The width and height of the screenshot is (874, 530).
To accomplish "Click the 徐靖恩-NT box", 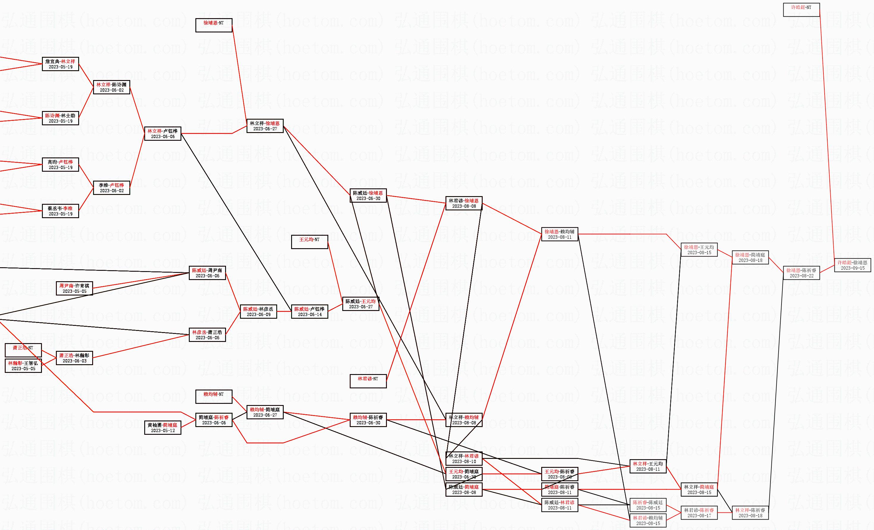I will click(x=214, y=25).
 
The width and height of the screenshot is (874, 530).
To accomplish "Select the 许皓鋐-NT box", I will click(x=801, y=9).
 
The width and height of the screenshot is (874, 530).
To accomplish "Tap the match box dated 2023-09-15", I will click(x=852, y=265).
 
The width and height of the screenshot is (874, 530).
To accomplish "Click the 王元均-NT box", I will click(x=309, y=241).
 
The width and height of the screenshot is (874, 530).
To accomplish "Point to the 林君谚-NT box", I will click(x=368, y=381).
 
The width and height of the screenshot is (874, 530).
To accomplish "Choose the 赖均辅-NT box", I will click(x=214, y=396).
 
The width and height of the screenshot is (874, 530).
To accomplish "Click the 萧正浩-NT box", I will click(x=23, y=350).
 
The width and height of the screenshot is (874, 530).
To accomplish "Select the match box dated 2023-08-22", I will click(x=801, y=273).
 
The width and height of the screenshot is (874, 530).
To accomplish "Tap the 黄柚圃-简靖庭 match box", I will click(x=162, y=427).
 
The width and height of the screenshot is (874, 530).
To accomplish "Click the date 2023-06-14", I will click(x=309, y=315).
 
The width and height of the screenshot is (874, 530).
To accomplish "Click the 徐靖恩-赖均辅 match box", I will click(x=559, y=234).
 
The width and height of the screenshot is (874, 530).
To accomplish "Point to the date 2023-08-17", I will click(x=699, y=515).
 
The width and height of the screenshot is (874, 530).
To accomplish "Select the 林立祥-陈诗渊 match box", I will click(x=112, y=87).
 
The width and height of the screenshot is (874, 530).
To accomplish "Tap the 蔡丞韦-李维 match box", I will click(x=60, y=211).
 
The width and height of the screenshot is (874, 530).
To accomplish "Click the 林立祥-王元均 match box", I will click(x=648, y=466).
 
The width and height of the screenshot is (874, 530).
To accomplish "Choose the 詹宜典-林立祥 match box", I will click(x=60, y=64).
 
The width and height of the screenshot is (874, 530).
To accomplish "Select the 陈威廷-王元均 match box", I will click(x=360, y=304).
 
